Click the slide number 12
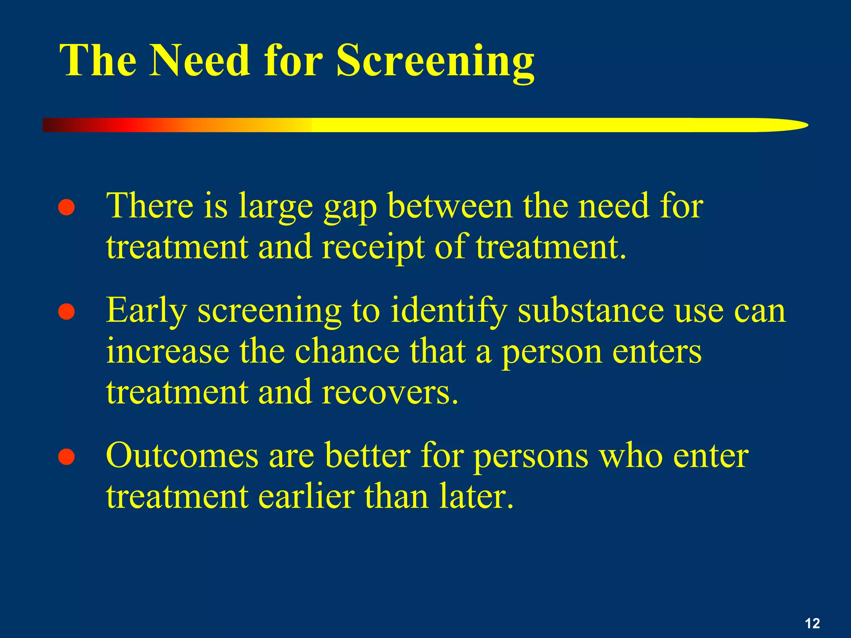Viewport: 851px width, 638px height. pyautogui.click(x=812, y=623)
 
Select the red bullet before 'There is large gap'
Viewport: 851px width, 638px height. pyautogui.click(x=66, y=208)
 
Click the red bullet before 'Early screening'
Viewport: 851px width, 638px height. pyautogui.click(x=66, y=312)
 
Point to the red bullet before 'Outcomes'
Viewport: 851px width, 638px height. pyautogui.click(x=66, y=457)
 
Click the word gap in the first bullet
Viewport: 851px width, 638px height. pyautogui.click(x=350, y=208)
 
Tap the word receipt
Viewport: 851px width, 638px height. pyautogui.click(x=373, y=248)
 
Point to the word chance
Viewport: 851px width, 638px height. pyautogui.click(x=347, y=351)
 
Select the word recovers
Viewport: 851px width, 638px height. pyautogui.click(x=390, y=393)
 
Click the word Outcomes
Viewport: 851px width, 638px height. pyautogui.click(x=182, y=456)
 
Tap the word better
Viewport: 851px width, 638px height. pyautogui.click(x=367, y=456)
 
